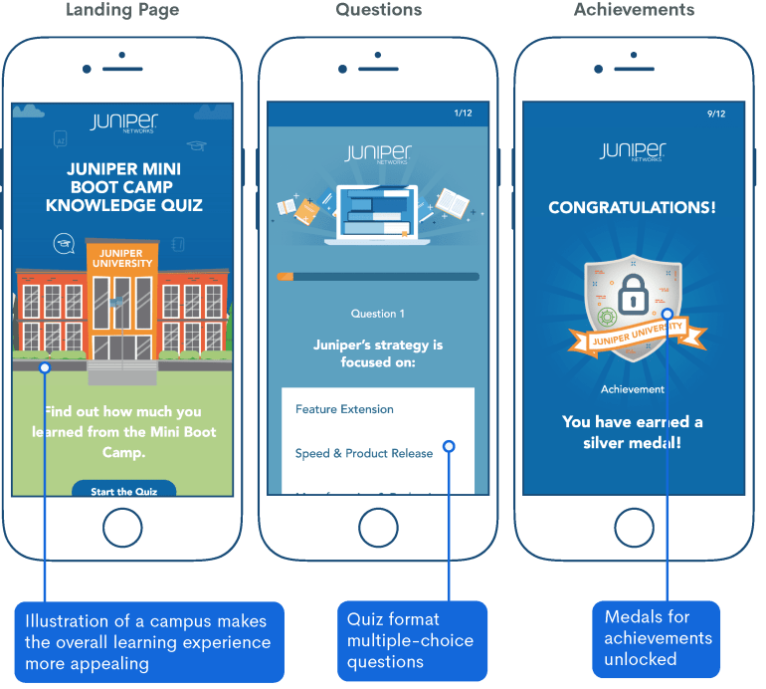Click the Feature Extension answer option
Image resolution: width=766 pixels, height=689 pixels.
tap(344, 409)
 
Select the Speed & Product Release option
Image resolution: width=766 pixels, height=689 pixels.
tap(364, 453)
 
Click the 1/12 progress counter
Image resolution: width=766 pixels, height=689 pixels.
tap(463, 114)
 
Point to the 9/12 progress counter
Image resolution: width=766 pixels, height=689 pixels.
tap(716, 114)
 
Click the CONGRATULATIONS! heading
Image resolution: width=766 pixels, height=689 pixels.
tap(633, 208)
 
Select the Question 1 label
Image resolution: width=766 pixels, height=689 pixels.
tap(377, 314)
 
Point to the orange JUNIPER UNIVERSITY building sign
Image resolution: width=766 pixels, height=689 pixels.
tap(122, 257)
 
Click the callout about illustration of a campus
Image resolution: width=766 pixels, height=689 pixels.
tap(147, 641)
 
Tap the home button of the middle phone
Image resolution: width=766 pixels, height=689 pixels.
tap(377, 527)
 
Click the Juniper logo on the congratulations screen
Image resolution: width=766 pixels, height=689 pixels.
tap(633, 151)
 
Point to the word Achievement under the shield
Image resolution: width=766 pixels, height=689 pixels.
tap(633, 389)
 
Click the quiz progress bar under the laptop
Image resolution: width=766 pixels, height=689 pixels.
tap(377, 277)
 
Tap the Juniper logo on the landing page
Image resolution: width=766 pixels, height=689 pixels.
tap(123, 122)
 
